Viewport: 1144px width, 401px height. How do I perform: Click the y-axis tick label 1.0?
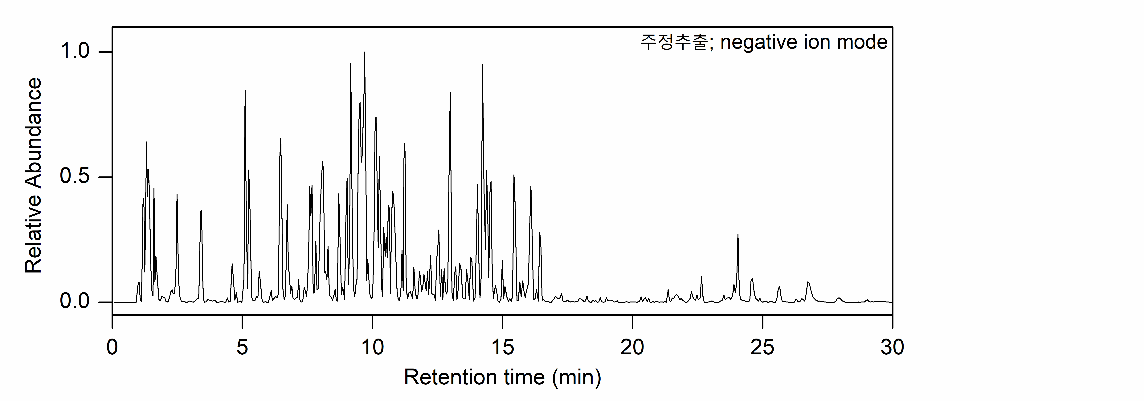[x=75, y=52]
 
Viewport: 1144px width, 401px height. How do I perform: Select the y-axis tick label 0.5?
[x=75, y=177]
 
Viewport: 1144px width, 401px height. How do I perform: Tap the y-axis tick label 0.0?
[x=75, y=302]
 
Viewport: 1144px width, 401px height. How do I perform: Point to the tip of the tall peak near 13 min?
[x=450, y=93]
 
